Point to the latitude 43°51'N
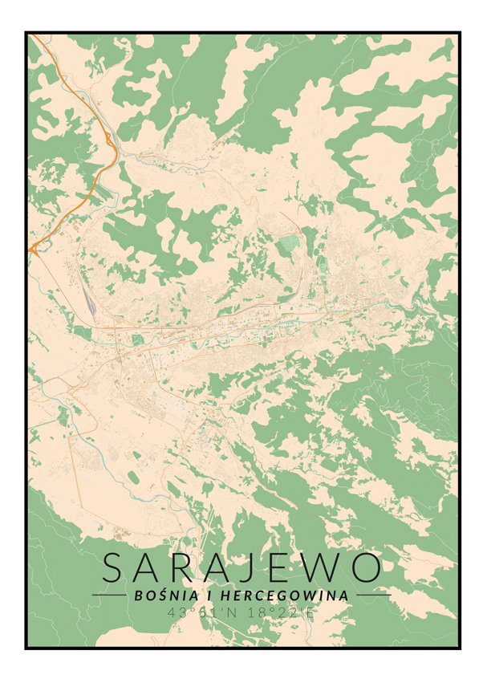pyautogui.click(x=200, y=612)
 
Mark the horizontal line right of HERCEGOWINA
pyautogui.click(x=373, y=596)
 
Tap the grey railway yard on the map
pyautogui.click(x=87, y=298)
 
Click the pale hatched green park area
pyautogui.click(x=287, y=243)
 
